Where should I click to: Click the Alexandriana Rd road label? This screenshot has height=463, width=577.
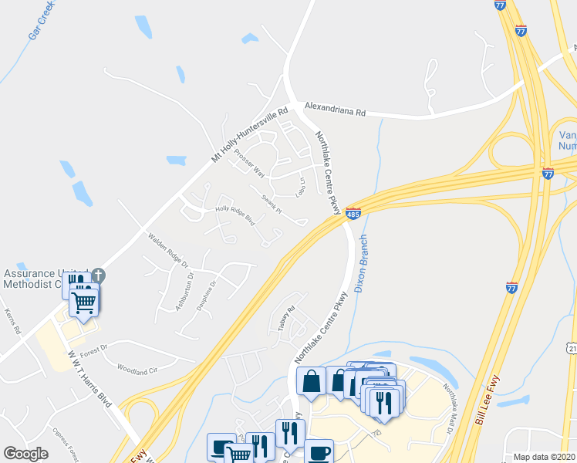[334, 109]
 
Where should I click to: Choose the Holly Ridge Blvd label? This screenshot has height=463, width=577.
[235, 215]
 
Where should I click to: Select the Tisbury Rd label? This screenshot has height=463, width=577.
[287, 319]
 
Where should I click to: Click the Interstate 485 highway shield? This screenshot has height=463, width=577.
[353, 212]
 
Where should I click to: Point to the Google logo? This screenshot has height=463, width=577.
[25, 454]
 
